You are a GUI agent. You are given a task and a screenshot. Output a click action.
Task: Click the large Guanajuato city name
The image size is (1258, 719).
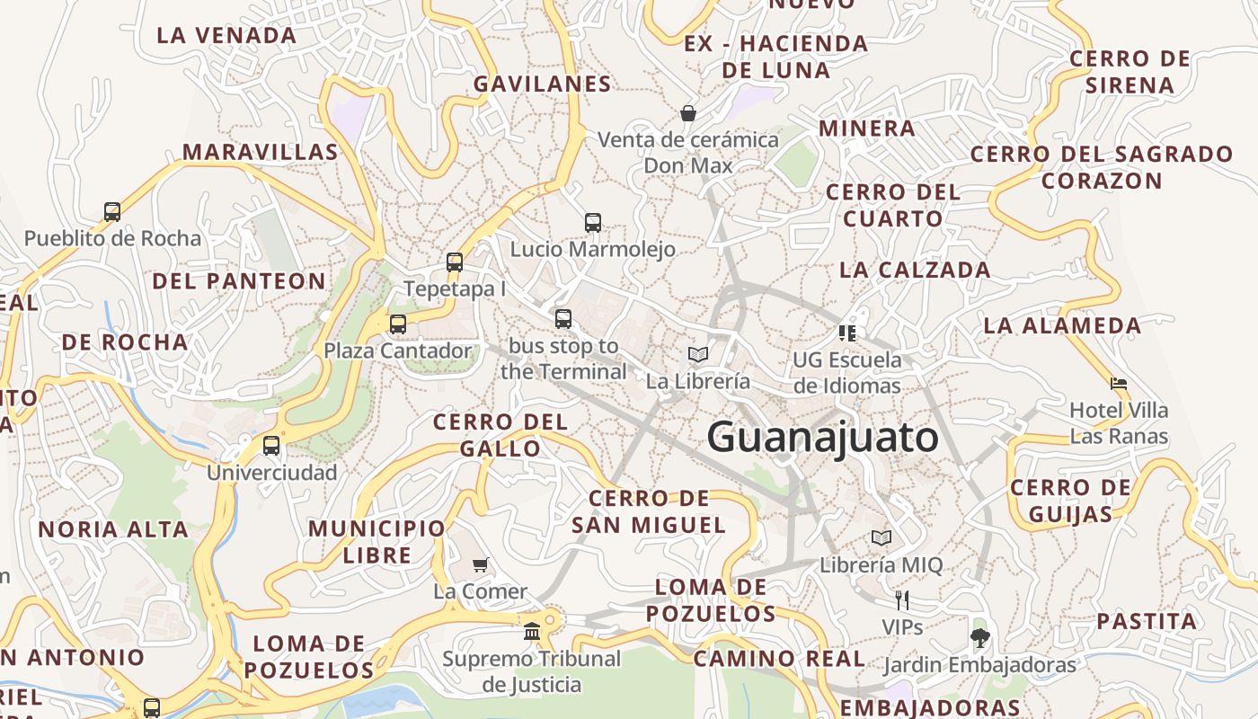[822, 438]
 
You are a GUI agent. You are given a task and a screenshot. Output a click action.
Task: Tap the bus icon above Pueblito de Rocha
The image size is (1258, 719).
[112, 212]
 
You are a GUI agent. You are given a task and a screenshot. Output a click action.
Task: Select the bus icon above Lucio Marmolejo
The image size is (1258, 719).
[593, 222]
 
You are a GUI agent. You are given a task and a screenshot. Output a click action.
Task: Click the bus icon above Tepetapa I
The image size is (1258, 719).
[455, 262]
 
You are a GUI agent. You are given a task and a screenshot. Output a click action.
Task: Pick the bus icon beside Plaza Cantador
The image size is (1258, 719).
[398, 324]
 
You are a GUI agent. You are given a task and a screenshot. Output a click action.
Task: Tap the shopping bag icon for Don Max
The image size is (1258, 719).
[688, 113]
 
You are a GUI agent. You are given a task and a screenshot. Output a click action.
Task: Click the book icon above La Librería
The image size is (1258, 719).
[698, 354]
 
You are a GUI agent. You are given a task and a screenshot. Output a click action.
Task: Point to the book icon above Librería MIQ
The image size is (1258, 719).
[881, 538]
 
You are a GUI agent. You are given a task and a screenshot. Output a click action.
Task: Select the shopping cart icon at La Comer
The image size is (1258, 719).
[481, 564]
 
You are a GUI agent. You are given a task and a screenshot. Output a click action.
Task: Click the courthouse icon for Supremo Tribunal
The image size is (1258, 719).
[532, 632]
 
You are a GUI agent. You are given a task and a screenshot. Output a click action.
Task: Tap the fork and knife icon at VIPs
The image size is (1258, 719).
[902, 599]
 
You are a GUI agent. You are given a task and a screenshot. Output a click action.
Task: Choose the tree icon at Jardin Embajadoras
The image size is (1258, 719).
[979, 638]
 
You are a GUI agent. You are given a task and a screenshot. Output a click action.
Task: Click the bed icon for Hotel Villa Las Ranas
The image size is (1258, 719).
[1119, 384]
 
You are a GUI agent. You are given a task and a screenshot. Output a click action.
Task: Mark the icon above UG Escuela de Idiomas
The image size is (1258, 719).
[846, 333]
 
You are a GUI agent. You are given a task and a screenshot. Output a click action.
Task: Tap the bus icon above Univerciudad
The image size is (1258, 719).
[271, 445]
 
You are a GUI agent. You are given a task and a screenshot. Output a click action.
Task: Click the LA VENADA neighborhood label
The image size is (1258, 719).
[226, 36]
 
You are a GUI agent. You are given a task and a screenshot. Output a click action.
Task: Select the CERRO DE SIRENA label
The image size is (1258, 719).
[1130, 72]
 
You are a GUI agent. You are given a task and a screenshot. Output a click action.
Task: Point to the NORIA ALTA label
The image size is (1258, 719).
[113, 529]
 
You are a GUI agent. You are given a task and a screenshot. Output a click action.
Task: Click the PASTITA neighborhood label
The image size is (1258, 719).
[1147, 621]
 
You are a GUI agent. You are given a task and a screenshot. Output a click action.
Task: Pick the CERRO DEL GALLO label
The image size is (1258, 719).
[501, 435]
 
